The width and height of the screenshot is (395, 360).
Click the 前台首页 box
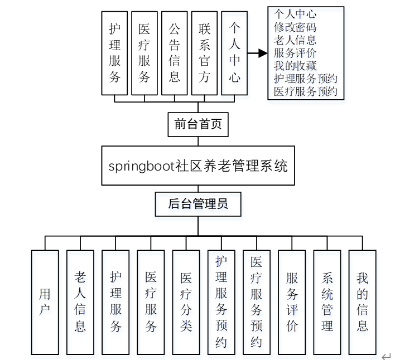197,124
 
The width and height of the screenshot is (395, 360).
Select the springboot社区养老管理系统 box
197,166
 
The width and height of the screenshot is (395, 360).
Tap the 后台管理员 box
198,205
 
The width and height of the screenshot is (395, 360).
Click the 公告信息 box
175,53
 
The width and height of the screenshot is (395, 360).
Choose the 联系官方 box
205,53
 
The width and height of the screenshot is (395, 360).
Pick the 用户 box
45,301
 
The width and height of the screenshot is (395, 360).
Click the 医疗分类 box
186,301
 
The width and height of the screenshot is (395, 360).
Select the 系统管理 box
327,301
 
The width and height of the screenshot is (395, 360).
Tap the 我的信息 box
363,301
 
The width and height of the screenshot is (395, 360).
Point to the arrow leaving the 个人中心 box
257,53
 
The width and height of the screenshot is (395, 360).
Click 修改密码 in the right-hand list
295,27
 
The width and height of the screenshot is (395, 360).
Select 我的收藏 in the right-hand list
295,66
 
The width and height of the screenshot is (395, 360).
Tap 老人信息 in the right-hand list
295,40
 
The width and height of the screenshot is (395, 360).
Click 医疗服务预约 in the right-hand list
306,91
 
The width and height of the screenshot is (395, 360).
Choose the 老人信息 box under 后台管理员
80,301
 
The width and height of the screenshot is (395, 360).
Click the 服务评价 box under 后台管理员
292,301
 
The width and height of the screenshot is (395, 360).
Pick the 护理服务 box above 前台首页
115,53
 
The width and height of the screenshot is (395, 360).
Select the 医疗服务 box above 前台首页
144,53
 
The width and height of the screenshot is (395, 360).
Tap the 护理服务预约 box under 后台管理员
221,301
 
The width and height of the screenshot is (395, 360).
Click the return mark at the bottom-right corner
384,355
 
